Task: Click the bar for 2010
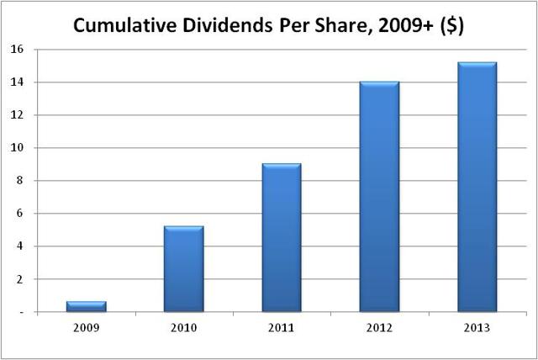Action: tap(183, 269)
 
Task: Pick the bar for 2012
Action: tap(379, 197)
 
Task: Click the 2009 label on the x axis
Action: tap(86, 326)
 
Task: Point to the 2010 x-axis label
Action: tap(183, 326)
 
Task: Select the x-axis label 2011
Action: tap(281, 326)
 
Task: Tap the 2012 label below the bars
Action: tap(379, 326)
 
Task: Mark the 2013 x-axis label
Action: tap(477, 326)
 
